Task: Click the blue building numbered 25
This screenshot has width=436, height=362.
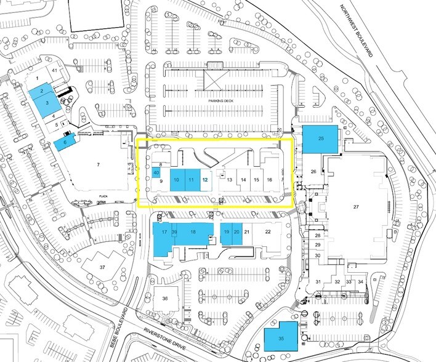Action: click(321, 139)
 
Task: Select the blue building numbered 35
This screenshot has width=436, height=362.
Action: click(281, 338)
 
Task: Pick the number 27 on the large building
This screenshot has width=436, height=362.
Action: click(355, 207)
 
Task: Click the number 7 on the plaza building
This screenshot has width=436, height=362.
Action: click(97, 165)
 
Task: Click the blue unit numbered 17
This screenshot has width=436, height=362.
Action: click(164, 232)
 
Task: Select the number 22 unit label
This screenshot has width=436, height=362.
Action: click(267, 232)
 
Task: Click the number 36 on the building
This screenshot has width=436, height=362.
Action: click(165, 298)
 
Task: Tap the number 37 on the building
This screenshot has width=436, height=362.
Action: click(103, 267)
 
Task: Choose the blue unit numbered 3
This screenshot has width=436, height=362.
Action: click(43, 103)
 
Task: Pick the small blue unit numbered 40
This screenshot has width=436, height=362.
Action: click(156, 173)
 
